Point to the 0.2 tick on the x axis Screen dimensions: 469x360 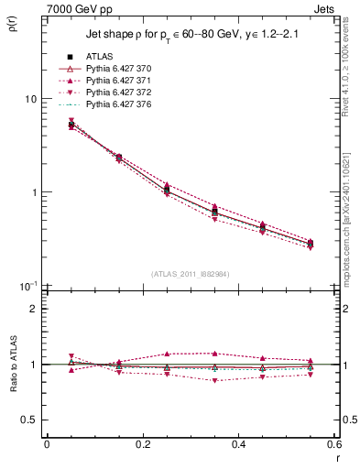143,444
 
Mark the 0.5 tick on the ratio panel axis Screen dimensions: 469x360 29,420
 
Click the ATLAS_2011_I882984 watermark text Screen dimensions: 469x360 191,273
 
